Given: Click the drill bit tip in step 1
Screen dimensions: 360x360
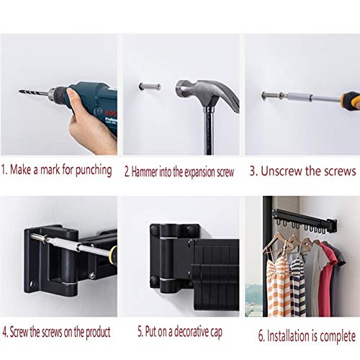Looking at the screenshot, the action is (x=19, y=91).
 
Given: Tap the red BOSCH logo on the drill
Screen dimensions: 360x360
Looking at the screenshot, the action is (x=111, y=112).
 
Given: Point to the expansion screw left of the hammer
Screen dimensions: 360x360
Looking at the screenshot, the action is (x=150, y=86).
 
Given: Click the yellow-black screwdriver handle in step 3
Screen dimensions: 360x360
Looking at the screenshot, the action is (x=350, y=100).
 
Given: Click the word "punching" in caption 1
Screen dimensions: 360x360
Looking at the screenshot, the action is (x=94, y=171).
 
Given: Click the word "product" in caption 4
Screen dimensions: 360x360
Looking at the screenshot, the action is (x=98, y=333).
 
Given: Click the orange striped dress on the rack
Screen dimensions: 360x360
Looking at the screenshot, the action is (x=277, y=286).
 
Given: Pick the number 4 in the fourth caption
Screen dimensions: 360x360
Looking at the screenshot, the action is (x=5, y=333).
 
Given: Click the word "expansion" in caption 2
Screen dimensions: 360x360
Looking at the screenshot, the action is (x=197, y=173).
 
